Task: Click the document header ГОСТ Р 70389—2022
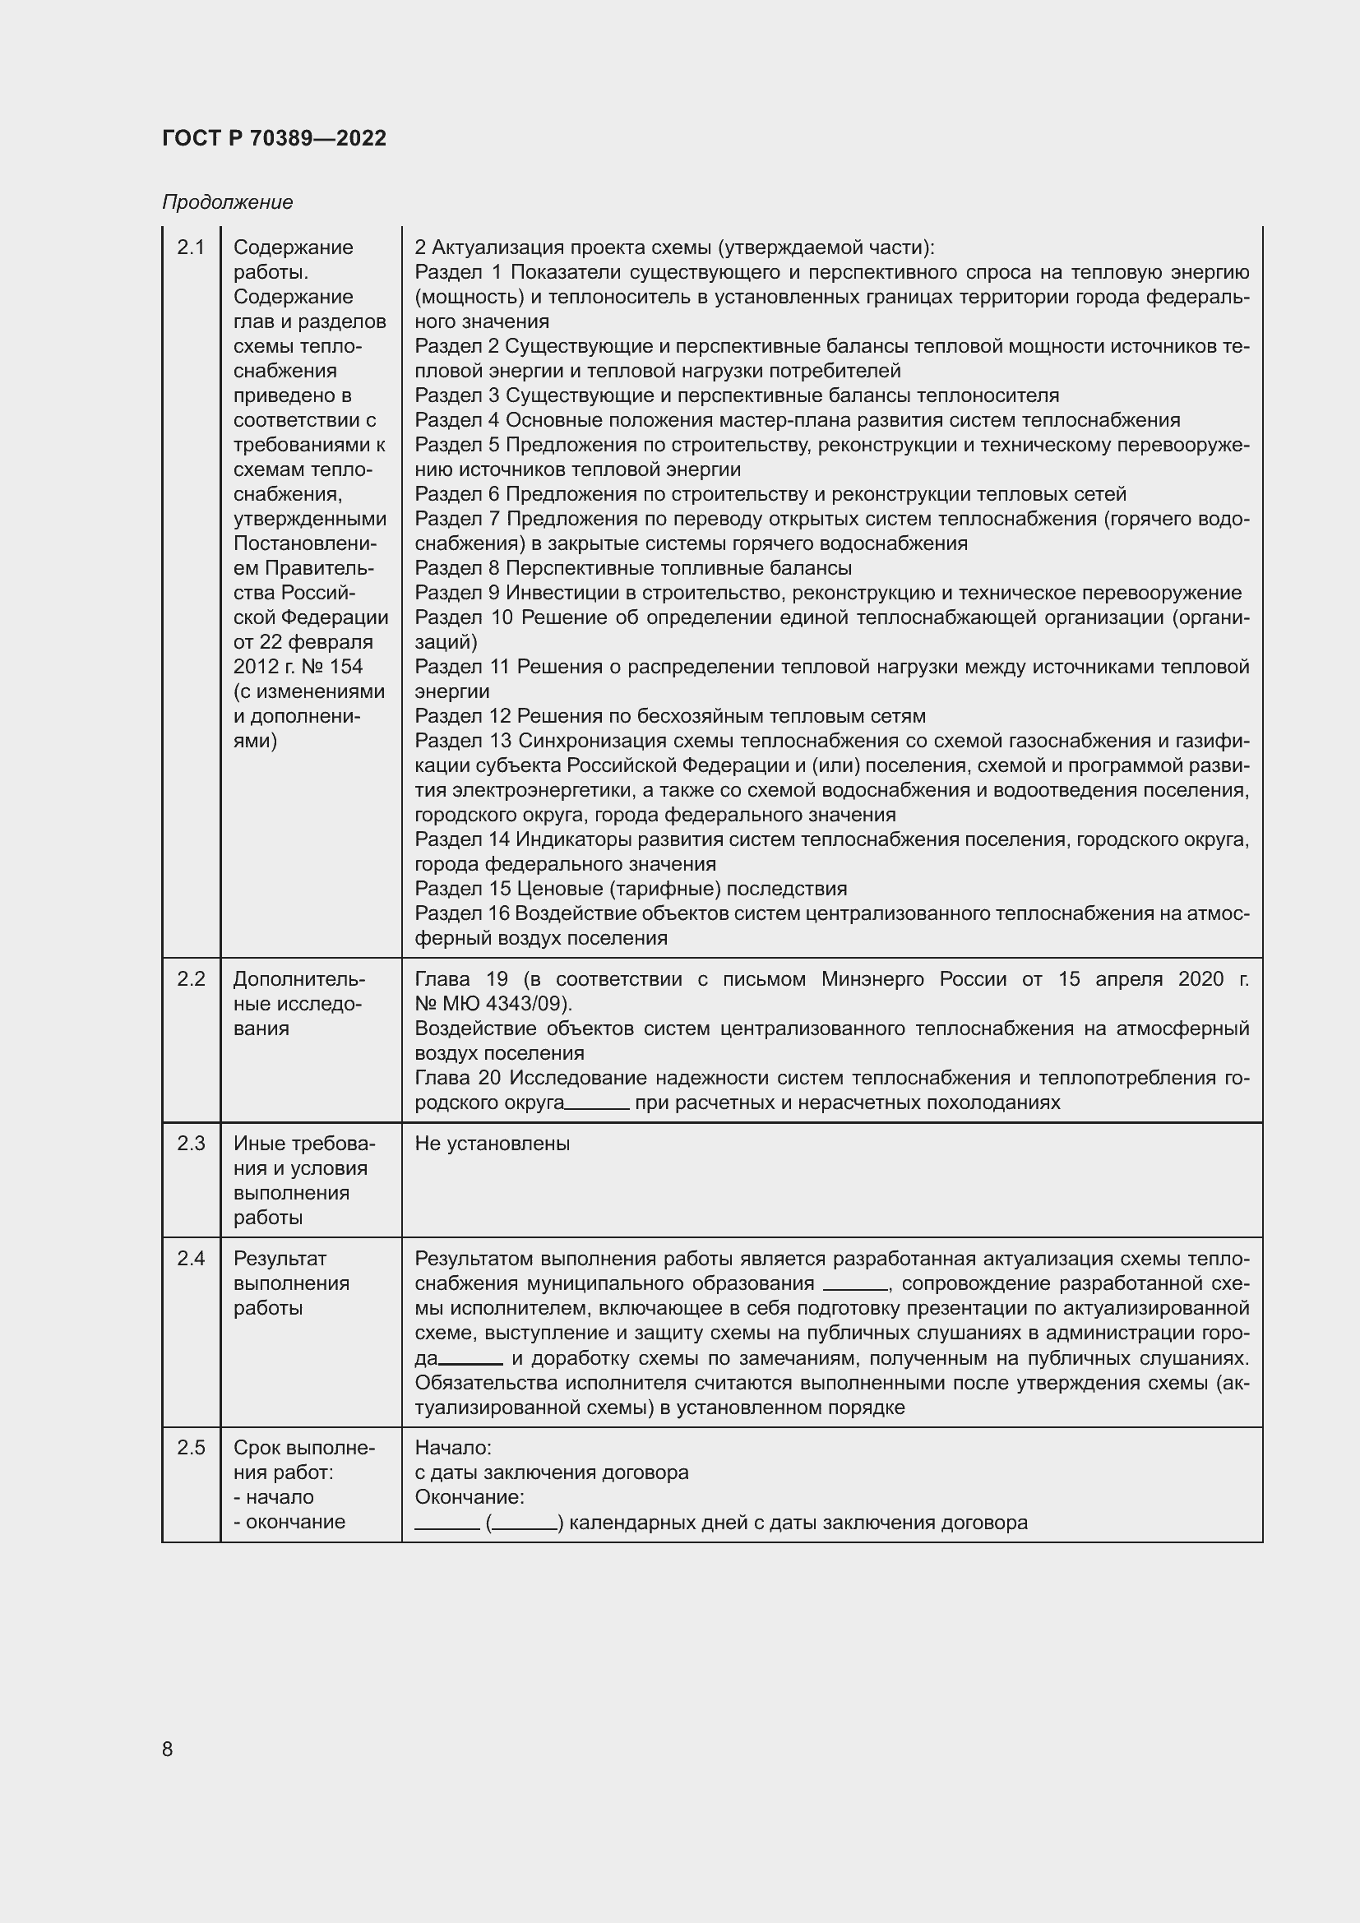[x=274, y=138]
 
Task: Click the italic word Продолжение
[x=227, y=202]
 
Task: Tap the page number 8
[x=168, y=1749]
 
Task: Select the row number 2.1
[x=191, y=247]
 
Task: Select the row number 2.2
[x=191, y=978]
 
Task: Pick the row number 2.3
[x=191, y=1144]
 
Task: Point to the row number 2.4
[x=191, y=1258]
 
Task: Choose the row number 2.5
[x=191, y=1447]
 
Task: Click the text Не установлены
[x=492, y=1144]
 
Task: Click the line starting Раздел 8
[x=633, y=568]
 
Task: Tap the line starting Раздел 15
[x=631, y=889]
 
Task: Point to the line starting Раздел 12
[x=670, y=716]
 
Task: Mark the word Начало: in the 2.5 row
[x=453, y=1447]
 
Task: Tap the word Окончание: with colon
[x=469, y=1496]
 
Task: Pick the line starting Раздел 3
[x=737, y=395]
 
